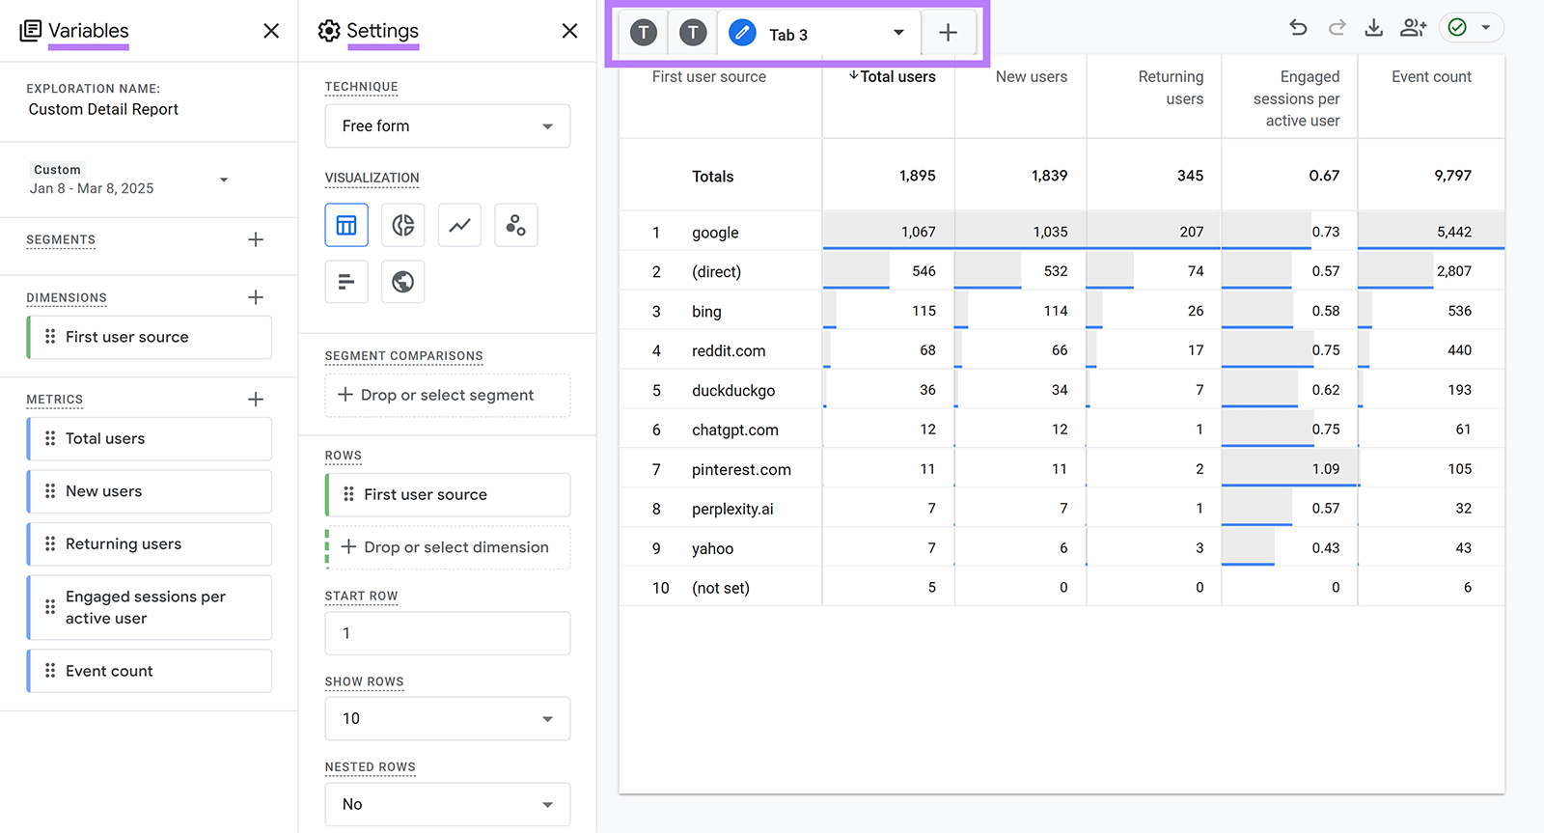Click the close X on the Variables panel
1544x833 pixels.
271,31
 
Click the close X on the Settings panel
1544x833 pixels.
569,31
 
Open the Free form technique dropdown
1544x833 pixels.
447,126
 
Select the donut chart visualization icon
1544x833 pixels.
402,226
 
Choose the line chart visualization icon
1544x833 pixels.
459,226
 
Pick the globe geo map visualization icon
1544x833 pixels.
402,282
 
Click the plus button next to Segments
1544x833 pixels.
256,239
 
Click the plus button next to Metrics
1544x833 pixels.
256,399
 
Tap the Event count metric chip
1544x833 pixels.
150,671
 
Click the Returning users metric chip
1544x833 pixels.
150,544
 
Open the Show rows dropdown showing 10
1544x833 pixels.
447,719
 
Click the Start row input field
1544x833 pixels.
447,633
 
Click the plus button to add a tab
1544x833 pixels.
948,33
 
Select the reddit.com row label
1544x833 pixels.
729,351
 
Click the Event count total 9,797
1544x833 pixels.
1452,176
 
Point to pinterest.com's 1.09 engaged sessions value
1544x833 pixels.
1325,469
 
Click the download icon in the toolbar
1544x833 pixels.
1373,28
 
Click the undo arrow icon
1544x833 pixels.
1298,28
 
